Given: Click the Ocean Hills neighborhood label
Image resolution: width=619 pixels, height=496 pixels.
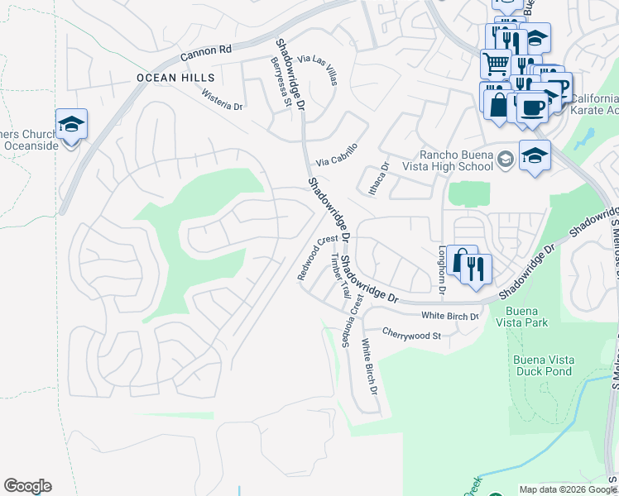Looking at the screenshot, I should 170,78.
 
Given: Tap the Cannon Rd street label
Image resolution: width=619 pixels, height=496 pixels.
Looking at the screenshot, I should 207,51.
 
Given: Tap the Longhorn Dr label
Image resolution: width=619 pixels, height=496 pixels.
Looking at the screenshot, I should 442,269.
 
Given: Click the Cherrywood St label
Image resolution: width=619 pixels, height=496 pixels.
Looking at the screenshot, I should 412,335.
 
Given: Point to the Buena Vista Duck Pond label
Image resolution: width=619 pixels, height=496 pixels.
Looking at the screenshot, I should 542,365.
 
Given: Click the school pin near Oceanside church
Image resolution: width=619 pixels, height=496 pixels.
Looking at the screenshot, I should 72,125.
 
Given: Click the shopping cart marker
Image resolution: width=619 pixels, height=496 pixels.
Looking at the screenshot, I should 496,64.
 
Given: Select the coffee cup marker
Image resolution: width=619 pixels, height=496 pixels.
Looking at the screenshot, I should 533,107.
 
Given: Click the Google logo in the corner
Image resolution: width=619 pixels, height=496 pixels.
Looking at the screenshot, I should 27,486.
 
